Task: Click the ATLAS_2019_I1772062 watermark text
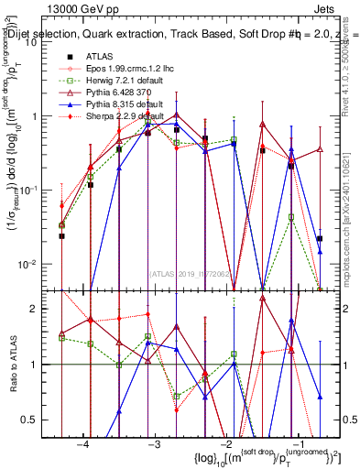pyautogui.click(x=190, y=272)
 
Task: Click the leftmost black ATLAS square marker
pyautogui.click(x=62, y=235)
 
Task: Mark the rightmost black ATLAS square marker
pyautogui.click(x=320, y=238)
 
